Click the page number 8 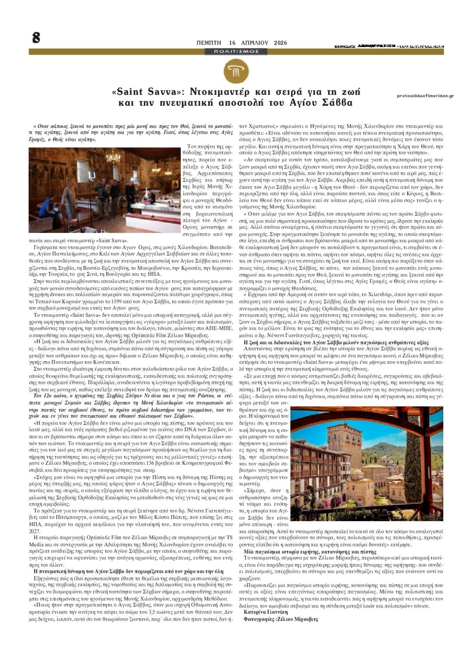[36, 38]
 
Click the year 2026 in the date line [280, 43]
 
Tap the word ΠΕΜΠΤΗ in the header [209, 43]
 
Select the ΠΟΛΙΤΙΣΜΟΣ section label [236, 51]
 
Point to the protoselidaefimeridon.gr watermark [425, 96]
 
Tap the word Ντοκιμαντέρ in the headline [219, 92]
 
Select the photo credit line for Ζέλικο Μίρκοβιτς [281, 619]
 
